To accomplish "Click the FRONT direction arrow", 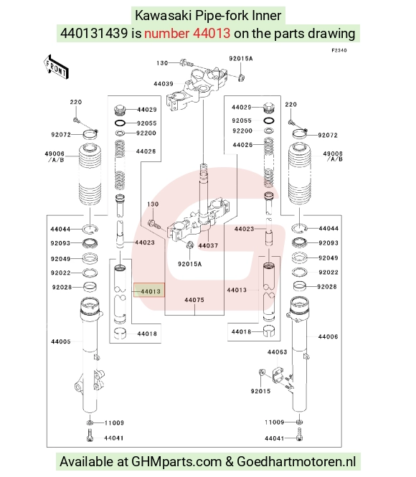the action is (56, 67).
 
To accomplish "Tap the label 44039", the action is (164, 84).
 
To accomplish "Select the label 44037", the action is (208, 245).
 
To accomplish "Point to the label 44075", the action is (194, 300).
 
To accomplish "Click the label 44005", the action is (61, 341).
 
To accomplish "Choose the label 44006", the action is (328, 336).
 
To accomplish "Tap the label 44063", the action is (277, 352).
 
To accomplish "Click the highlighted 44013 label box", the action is (149, 291).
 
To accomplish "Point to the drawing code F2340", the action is (339, 50).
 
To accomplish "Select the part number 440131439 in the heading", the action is (94, 33).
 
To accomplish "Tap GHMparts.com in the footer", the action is (176, 462).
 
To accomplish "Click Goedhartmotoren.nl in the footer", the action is (296, 461).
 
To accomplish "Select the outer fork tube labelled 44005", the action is (90, 354).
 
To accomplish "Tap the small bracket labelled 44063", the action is (278, 374).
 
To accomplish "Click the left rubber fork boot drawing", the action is (90, 174).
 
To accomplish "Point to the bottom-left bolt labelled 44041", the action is (90, 435).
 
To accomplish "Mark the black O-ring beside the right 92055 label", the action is (268, 121).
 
